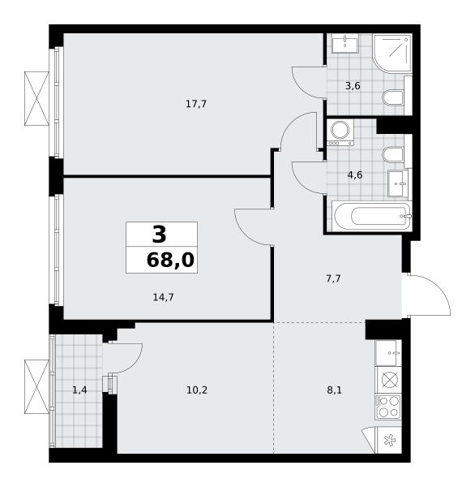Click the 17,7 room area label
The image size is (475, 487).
click(x=196, y=104)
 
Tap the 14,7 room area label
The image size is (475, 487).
click(x=163, y=298)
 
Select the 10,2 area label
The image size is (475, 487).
click(x=197, y=390)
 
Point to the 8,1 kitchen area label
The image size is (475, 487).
click(x=335, y=390)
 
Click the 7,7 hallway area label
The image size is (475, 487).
click(x=333, y=279)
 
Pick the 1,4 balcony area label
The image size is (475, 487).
click(x=79, y=390)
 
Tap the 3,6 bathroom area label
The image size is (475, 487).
click(x=353, y=86)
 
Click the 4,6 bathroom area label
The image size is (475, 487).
click(x=355, y=175)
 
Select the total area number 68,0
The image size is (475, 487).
click(x=170, y=260)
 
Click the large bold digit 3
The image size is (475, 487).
click(x=159, y=235)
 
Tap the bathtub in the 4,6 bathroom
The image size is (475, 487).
click(x=372, y=216)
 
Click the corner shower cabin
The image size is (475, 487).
click(x=392, y=54)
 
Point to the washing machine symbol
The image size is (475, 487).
click(x=340, y=132)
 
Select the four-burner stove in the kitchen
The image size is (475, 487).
click(x=388, y=407)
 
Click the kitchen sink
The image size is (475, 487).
click(x=388, y=353)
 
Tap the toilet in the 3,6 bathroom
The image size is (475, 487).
click(x=393, y=97)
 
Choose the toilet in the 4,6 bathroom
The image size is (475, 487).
click(x=393, y=154)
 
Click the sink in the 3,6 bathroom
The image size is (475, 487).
click(x=345, y=43)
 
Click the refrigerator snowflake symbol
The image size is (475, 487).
click(x=388, y=440)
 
